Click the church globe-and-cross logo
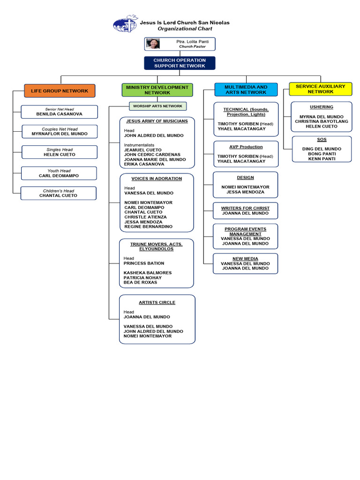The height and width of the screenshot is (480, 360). pos(125,24)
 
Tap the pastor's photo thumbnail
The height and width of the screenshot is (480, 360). pos(153,44)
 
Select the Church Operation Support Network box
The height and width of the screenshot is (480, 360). pos(180,63)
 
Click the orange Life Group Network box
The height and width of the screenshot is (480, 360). pos(60,90)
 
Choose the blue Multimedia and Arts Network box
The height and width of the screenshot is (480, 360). pos(246,90)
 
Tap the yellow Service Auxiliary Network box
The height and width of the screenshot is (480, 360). pos(321,89)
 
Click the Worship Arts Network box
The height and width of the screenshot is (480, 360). pos(157,106)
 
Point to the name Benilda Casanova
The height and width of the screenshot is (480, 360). pos(59,114)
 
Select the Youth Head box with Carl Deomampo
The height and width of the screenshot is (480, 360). pos(59,173)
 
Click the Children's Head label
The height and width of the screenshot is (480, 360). pos(59,191)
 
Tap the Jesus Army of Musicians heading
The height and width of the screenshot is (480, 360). pos(157,121)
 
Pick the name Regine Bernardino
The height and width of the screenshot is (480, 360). pos(148,226)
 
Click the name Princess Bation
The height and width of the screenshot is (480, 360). pos(144,263)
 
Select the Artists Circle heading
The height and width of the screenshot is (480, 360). pos(157,302)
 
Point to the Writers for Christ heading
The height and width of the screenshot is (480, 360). pos(246,208)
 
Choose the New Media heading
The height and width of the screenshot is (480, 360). pos(246,258)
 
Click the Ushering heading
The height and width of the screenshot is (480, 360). pos(322,107)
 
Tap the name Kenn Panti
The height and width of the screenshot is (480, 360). pos(322,158)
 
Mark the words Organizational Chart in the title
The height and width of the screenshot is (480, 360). pos(181,29)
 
